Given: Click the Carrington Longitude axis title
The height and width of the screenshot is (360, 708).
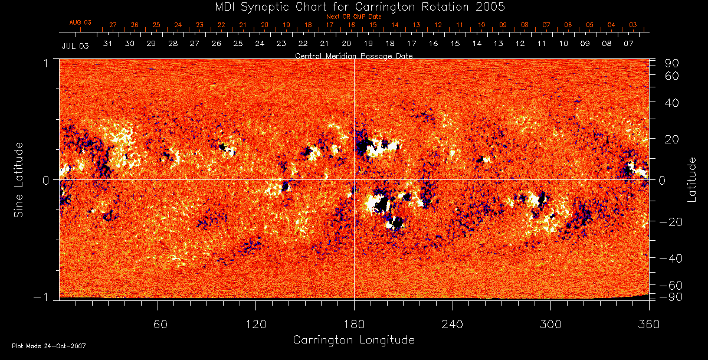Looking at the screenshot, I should [353, 340].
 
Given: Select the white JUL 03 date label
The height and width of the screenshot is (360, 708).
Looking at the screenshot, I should [75, 46].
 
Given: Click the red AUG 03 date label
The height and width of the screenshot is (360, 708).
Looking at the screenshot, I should [81, 22].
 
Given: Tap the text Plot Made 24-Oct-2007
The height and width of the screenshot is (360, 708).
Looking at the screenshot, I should [49, 346].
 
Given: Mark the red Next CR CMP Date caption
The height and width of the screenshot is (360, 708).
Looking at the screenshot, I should [353, 17].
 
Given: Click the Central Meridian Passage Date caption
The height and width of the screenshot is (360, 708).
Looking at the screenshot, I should [353, 55].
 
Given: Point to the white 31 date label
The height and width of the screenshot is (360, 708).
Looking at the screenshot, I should [108, 44].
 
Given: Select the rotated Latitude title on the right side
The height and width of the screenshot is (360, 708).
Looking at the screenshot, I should [691, 179].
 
